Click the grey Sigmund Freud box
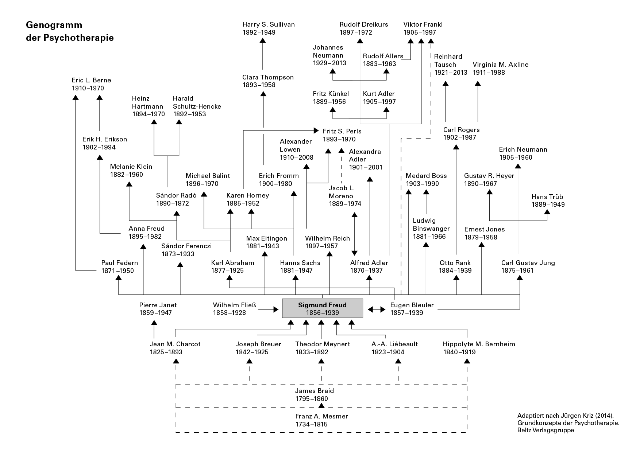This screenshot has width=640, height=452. click(x=322, y=308)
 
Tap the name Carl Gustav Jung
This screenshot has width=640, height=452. click(x=528, y=263)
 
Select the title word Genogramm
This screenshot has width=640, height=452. click(x=54, y=25)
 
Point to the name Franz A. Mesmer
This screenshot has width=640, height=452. click(x=321, y=416)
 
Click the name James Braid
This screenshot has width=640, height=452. click(x=314, y=391)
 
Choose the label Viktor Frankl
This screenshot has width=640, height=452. click(x=423, y=24)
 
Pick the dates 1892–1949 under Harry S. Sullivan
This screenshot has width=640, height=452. click(x=259, y=32)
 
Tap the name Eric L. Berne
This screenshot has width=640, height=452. click(x=91, y=80)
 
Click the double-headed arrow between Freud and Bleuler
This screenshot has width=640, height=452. click(x=376, y=309)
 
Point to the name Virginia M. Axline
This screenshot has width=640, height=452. click(x=500, y=65)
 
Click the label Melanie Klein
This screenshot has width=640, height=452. click(x=131, y=167)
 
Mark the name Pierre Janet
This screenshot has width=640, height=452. click(x=158, y=305)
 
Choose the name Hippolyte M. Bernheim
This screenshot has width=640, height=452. click(x=479, y=344)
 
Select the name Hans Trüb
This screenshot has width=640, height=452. click(x=547, y=197)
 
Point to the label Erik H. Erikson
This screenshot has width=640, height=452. click(x=104, y=139)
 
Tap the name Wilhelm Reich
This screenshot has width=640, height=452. click(x=327, y=238)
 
